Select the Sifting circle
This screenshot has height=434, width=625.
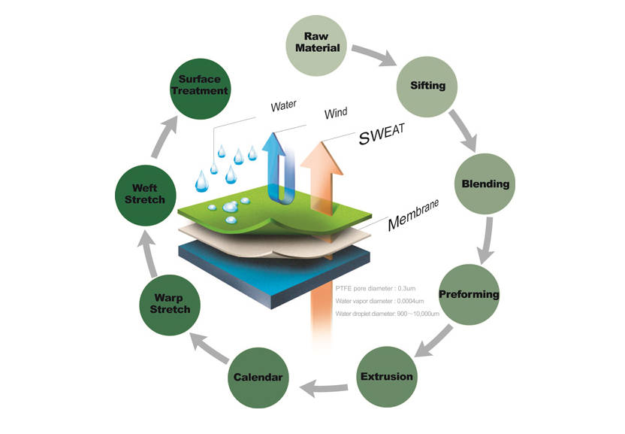[x=427, y=85]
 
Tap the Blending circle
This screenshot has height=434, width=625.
[x=485, y=184]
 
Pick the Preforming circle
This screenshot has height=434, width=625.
[x=468, y=293]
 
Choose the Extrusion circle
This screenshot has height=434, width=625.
[x=385, y=375]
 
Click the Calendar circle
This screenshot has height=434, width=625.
[x=258, y=376]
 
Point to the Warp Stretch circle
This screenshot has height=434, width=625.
[x=166, y=302]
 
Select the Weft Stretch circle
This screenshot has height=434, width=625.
[x=145, y=194]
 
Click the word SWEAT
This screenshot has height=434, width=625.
[x=381, y=134]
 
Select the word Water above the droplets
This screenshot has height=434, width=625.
[x=284, y=106]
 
